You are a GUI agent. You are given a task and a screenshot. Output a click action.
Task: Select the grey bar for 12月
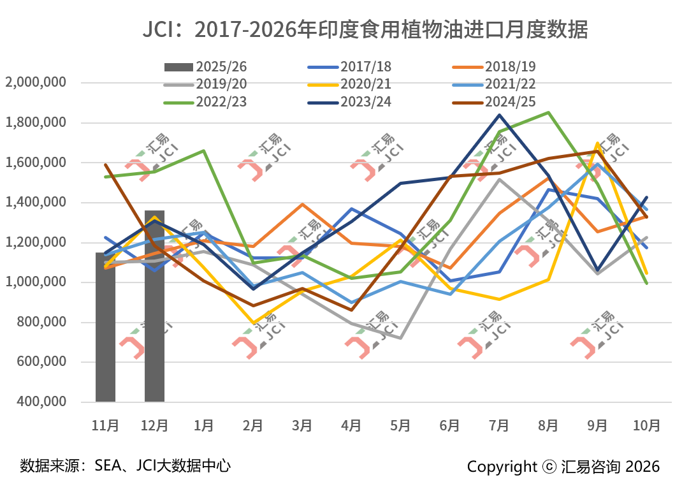click(x=154, y=306)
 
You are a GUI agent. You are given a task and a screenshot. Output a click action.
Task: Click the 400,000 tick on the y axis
click(x=38, y=402)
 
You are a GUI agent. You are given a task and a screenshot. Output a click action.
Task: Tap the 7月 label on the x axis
click(x=499, y=425)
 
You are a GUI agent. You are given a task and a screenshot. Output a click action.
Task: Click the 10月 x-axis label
click(x=647, y=425)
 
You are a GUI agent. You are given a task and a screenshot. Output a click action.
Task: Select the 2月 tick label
click(x=253, y=425)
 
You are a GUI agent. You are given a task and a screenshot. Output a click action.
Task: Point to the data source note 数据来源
click(x=125, y=465)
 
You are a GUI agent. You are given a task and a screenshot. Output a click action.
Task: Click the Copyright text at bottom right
click(x=563, y=466)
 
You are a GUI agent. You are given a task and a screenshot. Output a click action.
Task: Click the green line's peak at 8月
click(x=548, y=113)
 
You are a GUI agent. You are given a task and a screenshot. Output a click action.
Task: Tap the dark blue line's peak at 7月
click(x=499, y=115)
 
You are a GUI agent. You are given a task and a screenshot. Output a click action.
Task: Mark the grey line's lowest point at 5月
click(x=400, y=338)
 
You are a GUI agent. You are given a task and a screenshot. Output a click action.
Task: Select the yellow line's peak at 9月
click(x=597, y=143)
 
